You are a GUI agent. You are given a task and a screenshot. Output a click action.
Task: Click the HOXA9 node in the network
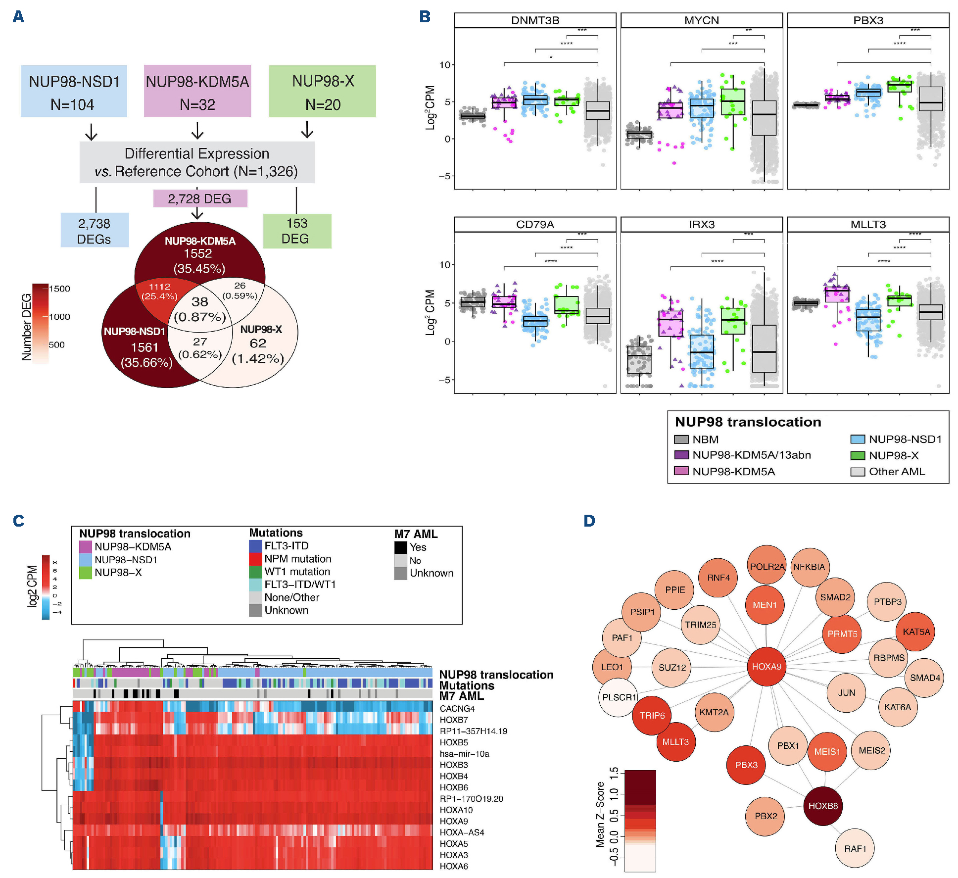pyautogui.click(x=766, y=667)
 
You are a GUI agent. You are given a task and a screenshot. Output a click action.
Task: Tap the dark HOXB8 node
pyautogui.click(x=823, y=806)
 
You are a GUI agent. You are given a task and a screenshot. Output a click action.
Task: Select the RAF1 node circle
pyautogui.click(x=855, y=848)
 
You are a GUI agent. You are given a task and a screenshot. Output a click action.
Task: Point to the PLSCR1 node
pyautogui.click(x=619, y=697)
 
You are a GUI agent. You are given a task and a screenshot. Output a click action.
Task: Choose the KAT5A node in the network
pyautogui.click(x=915, y=632)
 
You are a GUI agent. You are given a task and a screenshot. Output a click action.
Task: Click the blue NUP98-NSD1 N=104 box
pyautogui.click(x=74, y=92)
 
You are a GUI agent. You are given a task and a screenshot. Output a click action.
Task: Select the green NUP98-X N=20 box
pyautogui.click(x=323, y=92)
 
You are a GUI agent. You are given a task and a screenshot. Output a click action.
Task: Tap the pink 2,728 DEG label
pyautogui.click(x=200, y=198)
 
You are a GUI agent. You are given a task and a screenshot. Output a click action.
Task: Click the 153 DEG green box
pyautogui.click(x=297, y=231)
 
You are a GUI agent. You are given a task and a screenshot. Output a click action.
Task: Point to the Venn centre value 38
pyautogui.click(x=200, y=302)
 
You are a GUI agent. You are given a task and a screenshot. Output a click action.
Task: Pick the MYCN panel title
pyautogui.click(x=701, y=20)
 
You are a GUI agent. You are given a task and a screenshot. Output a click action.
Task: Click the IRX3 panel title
pyautogui.click(x=701, y=224)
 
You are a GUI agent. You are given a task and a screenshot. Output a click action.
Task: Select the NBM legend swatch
pyautogui.click(x=681, y=439)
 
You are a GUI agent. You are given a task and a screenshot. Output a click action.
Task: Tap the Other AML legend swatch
pyautogui.click(x=858, y=472)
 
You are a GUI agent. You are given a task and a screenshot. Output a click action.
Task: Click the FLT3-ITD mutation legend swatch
pyautogui.click(x=255, y=546)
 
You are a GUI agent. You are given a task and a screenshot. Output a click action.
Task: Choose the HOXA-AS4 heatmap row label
pyautogui.click(x=462, y=832)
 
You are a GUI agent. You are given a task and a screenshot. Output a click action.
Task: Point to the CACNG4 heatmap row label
pyautogui.click(x=457, y=709)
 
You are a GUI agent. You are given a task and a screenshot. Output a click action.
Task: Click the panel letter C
pyautogui.click(x=18, y=521)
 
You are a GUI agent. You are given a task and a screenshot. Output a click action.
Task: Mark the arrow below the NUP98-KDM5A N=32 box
pyautogui.click(x=197, y=131)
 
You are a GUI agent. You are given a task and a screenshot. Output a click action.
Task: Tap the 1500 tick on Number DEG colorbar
pyautogui.click(x=59, y=289)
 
